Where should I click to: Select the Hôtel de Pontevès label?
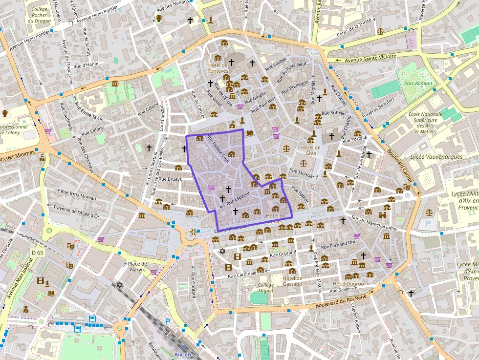pos(218,68)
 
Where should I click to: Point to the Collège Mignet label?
pos(266,288)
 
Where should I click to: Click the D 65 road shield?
pos(38,253)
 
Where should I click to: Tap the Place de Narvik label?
pos(137,267)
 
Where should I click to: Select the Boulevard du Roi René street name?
pos(341,300)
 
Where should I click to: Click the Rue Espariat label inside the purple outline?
pos(238,198)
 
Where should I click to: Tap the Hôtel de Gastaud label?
pos(293,281)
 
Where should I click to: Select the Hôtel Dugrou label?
pos(348,284)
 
